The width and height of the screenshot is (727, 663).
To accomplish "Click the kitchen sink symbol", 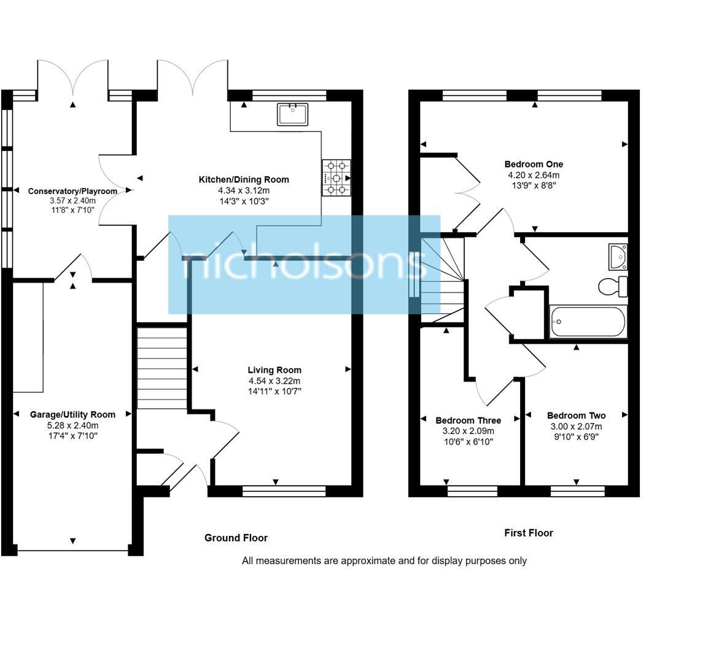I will tap(292, 114).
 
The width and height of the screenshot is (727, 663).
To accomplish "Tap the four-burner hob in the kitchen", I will tap(336, 177).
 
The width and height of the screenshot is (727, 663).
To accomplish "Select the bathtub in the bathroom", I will tap(588, 322).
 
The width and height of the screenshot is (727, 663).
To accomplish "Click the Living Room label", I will tap(274, 370).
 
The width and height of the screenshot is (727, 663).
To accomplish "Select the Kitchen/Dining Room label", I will tap(243, 180).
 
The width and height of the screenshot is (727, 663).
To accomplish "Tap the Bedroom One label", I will tap(534, 165).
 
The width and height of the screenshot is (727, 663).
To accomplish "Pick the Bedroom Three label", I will tap(468, 421).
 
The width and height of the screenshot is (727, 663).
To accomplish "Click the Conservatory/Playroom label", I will tap(72, 192).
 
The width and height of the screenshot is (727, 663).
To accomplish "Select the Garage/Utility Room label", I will tap(72, 415).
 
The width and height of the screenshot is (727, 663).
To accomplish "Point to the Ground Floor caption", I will tap(236, 538).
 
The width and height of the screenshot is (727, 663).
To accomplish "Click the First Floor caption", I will tap(529, 533).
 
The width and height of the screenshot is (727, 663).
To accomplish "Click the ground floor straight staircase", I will tap(161, 367).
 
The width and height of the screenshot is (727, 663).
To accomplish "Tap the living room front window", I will tap(284, 490).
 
